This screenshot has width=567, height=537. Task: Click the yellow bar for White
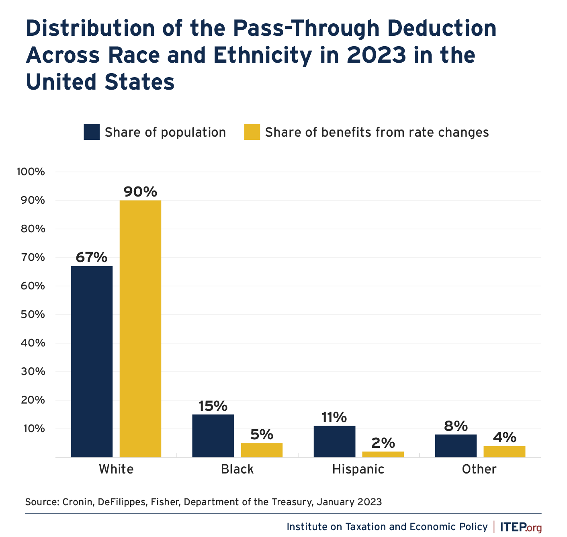(140, 328)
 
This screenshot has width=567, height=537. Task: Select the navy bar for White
(92, 361)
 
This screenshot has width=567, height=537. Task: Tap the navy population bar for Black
(213, 436)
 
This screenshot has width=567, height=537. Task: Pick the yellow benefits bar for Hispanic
(383, 454)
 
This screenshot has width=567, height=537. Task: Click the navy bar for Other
(456, 446)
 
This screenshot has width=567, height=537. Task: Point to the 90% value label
(140, 192)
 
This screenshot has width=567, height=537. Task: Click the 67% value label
(92, 257)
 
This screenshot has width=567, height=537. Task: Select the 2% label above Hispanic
(383, 443)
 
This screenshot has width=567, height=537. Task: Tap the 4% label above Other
(504, 437)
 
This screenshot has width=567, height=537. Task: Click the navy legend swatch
(92, 132)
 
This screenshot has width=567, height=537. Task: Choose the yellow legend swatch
(252, 132)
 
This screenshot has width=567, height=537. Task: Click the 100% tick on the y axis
(31, 172)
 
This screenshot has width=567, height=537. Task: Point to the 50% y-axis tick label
(32, 314)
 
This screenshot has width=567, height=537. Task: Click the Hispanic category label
(358, 469)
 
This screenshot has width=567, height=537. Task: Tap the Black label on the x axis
(237, 469)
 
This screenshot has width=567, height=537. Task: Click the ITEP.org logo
(521, 527)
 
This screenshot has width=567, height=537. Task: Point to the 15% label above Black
(213, 406)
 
